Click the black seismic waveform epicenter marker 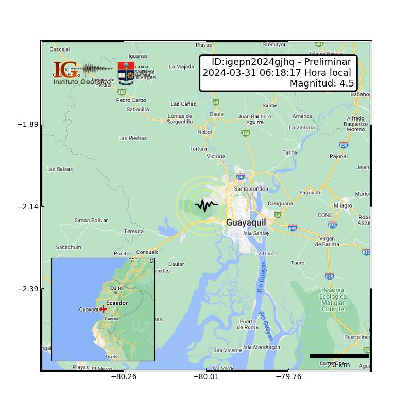(206, 205)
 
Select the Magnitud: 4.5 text (320, 83)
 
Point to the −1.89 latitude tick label (30, 124)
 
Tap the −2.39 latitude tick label (30, 288)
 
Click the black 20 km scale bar (339, 356)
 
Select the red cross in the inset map (104, 309)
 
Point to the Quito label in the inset (116, 288)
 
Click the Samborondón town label (251, 189)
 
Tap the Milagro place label (343, 205)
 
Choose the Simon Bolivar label (91, 220)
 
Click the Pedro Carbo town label (131, 100)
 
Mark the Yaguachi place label (310, 192)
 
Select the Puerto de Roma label (248, 324)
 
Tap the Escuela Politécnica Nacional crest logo (126, 72)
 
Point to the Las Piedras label (132, 138)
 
